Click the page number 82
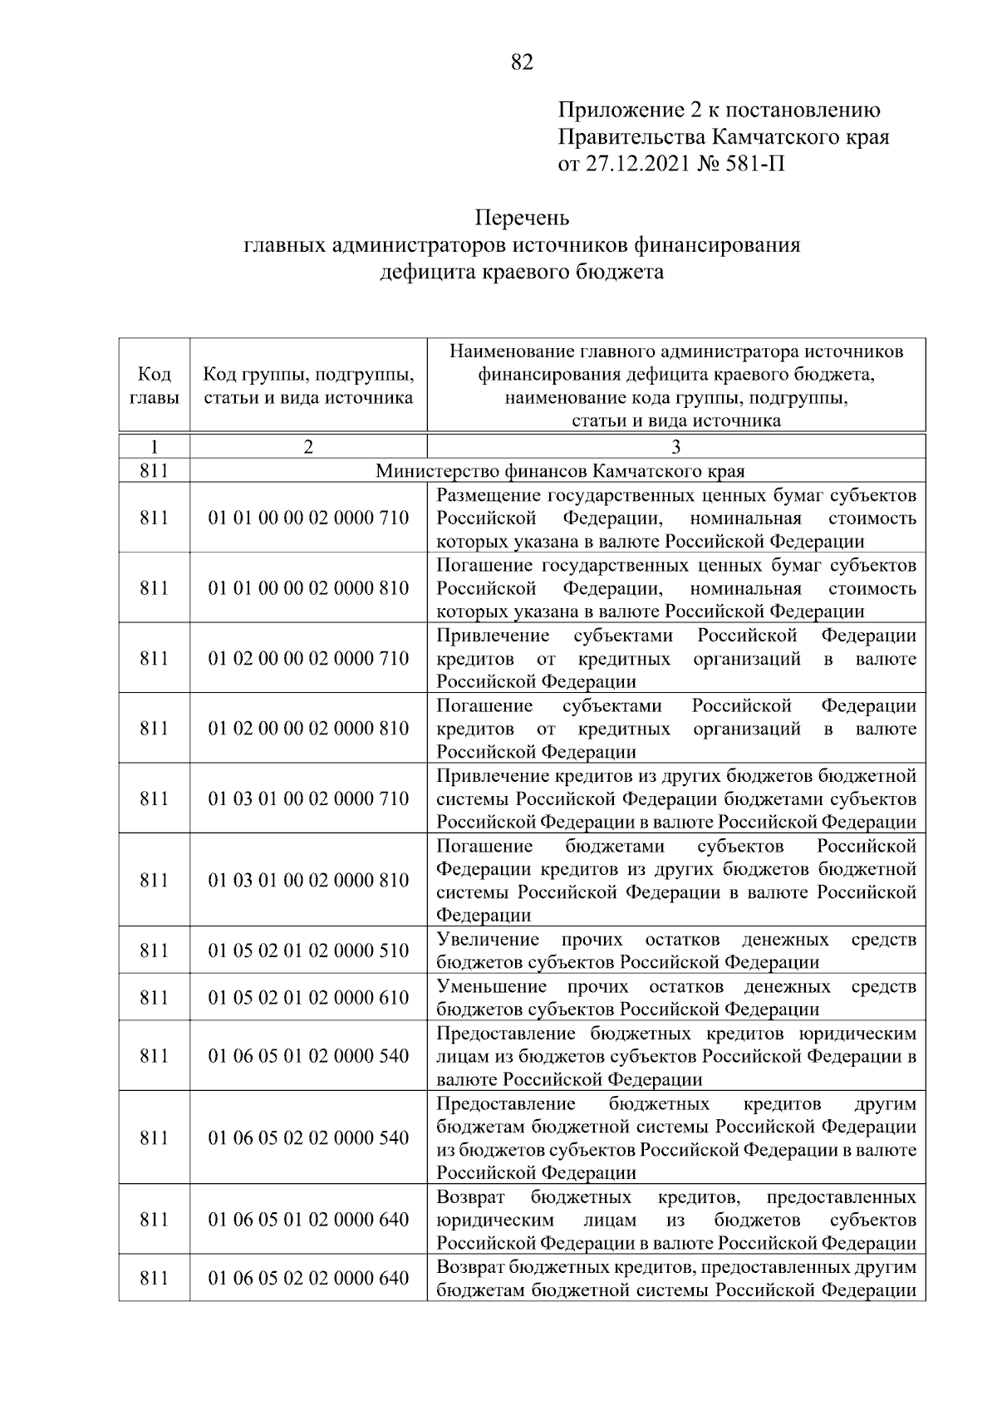coord(521,63)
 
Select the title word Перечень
coord(522,219)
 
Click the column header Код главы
coord(154,386)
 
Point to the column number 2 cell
coord(308,447)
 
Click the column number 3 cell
coord(675,447)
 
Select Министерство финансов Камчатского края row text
coord(560,471)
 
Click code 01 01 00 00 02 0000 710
coord(308,518)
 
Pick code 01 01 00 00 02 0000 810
coord(308,588)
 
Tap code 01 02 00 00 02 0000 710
coord(308,659)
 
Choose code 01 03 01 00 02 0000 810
coord(308,880)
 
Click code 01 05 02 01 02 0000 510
coord(308,951)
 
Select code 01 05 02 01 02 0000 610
coord(308,997)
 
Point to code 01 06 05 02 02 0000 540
coord(308,1137)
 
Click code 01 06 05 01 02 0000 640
coord(308,1220)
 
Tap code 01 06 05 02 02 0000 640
coord(308,1278)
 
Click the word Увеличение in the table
coord(487,940)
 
